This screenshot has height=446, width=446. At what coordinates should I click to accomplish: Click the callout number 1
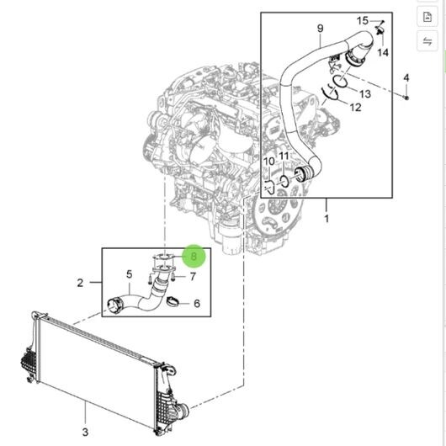[x=327, y=219]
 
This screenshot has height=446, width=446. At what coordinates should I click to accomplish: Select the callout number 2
[x=80, y=283]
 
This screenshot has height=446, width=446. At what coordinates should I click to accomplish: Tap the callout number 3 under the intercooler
[x=85, y=432]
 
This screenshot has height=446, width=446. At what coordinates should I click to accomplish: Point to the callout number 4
[x=406, y=78]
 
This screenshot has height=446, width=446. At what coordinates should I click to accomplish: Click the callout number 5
[x=130, y=274]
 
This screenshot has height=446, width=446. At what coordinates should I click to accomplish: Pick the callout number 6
[x=197, y=304]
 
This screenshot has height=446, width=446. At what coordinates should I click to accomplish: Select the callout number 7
[x=193, y=276]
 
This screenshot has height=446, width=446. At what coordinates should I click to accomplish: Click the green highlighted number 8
[x=194, y=257]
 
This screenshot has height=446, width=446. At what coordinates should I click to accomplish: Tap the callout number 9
[x=321, y=29]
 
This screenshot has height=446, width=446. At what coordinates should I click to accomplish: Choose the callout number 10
[x=268, y=162]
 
